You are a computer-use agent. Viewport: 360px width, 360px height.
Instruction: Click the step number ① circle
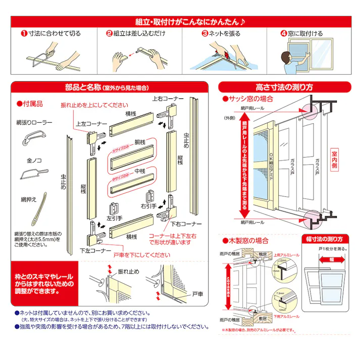coord(24,34)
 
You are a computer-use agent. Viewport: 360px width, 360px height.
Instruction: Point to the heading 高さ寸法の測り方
coord(285,87)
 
